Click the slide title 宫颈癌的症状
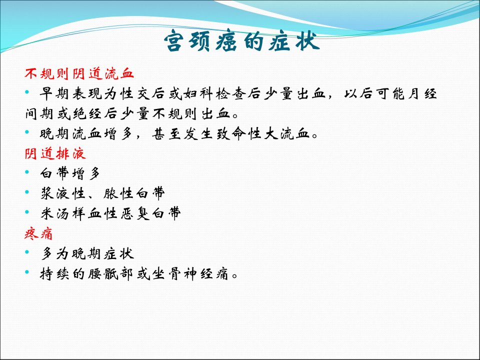click(x=242, y=40)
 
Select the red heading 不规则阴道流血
click(x=79, y=74)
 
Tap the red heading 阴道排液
click(x=55, y=153)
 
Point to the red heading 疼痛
click(x=38, y=234)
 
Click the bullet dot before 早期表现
click(x=27, y=92)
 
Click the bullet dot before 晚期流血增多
click(x=27, y=132)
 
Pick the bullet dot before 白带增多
click(x=27, y=172)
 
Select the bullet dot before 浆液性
click(x=27, y=192)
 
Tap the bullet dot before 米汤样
click(x=27, y=212)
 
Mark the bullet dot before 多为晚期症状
click(x=27, y=252)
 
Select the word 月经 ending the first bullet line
click(x=422, y=93)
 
